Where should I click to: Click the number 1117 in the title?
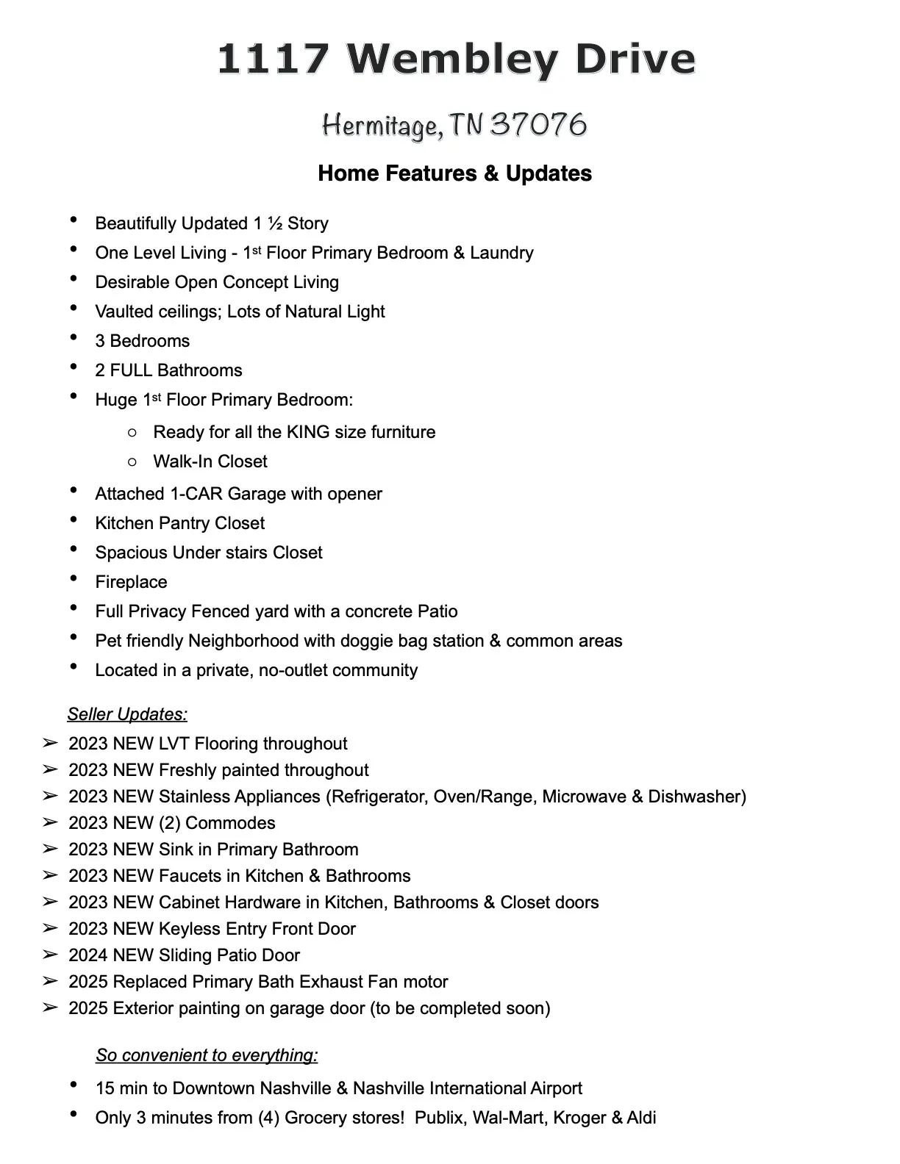click(x=274, y=59)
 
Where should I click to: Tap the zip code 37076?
click(x=538, y=125)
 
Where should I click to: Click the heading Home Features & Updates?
click(x=454, y=173)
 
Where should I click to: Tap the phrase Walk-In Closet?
click(x=210, y=461)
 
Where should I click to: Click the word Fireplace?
click(x=131, y=582)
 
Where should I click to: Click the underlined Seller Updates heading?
click(x=127, y=714)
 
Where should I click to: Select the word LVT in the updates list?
click(x=174, y=744)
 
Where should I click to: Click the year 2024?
click(x=88, y=955)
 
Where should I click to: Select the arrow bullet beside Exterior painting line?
click(x=50, y=1008)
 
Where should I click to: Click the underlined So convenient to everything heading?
click(x=207, y=1055)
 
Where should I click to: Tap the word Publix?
click(x=440, y=1118)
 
